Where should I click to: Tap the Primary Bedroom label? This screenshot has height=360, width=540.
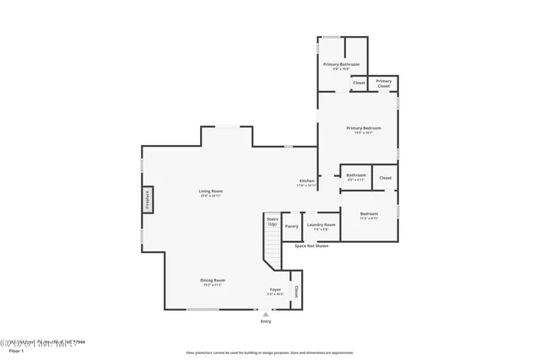[364, 128]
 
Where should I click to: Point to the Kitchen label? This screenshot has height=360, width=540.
[307, 181]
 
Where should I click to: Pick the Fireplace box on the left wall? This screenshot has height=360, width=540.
[146, 200]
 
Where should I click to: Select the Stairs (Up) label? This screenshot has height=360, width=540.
[272, 221]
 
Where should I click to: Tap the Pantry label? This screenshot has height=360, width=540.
[292, 226]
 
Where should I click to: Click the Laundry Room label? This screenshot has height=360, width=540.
[321, 225]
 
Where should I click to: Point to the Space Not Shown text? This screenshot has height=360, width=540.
[311, 246]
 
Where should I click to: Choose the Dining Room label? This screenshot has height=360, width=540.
[213, 281]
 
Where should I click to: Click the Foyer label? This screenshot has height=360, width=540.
[275, 290]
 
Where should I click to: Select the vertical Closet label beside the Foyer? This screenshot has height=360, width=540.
[296, 291]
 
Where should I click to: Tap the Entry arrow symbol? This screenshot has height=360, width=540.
[266, 314]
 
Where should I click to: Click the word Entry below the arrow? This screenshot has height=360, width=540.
[266, 321]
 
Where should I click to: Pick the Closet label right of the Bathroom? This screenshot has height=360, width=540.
[386, 178]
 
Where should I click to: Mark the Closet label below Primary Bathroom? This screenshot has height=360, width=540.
[359, 83]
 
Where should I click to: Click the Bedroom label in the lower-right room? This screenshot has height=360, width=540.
[369, 214]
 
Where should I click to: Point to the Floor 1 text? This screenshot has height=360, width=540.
[13, 349]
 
